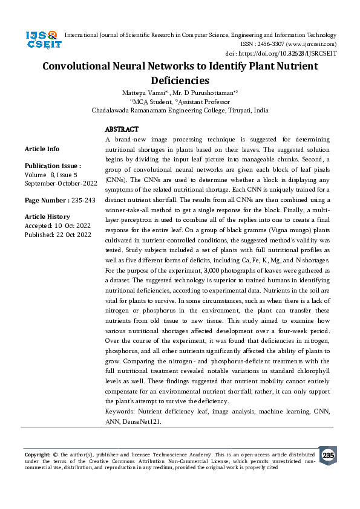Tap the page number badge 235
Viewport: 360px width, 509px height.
[x=328, y=455]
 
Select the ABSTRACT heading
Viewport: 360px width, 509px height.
[x=122, y=129]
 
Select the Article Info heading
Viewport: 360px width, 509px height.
[x=42, y=149]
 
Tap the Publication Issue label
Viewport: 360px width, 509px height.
[x=53, y=166]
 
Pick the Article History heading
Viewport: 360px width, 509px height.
[x=47, y=216]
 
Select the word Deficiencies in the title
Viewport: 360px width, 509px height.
[x=180, y=80]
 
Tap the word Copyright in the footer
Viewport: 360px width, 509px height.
[x=37, y=454]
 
